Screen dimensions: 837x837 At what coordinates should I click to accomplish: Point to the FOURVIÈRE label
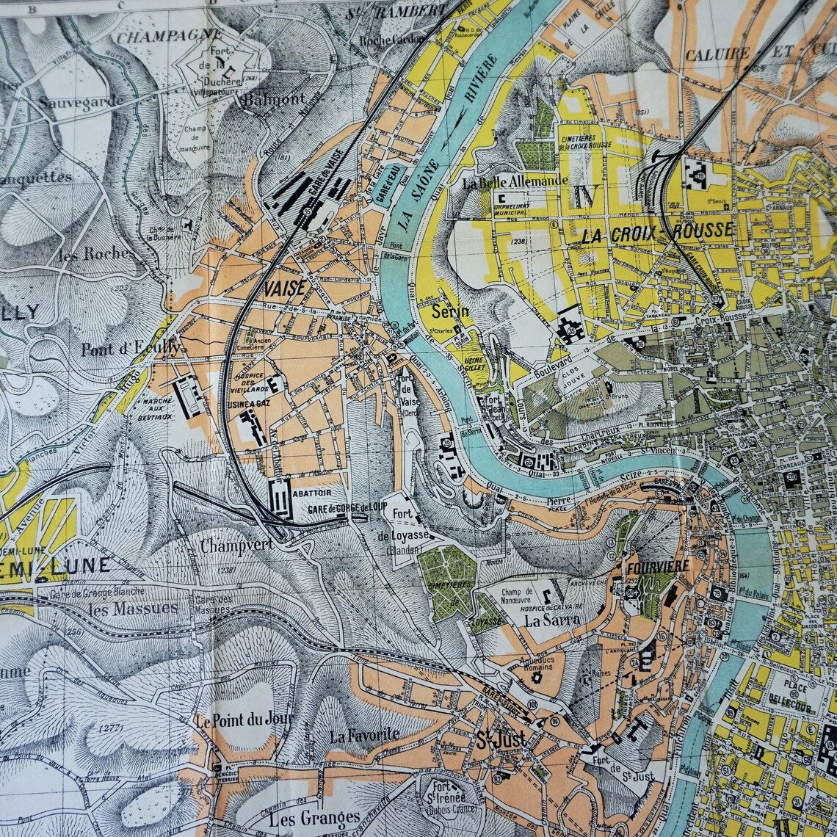[657, 566]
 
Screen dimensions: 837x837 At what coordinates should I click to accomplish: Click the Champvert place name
[236, 546]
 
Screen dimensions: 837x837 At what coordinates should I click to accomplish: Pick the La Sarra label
[552, 619]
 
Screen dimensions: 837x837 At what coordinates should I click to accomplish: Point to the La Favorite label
[364, 734]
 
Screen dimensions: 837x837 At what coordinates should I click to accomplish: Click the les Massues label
[132, 608]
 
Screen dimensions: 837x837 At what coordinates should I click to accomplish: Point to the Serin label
[449, 311]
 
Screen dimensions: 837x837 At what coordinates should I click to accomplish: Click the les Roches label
[97, 254]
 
